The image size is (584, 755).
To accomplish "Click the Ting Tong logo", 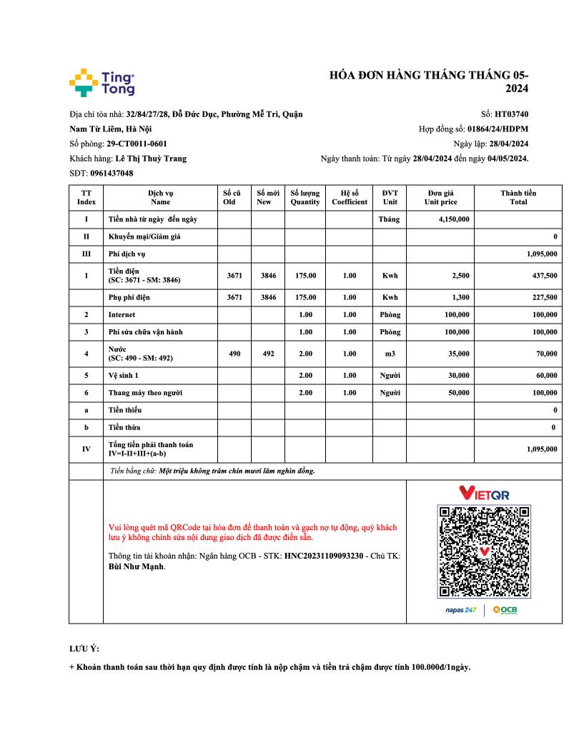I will [x=102, y=83].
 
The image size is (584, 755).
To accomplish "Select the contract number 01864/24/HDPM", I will [x=498, y=129].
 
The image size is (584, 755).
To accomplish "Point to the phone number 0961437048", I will [x=112, y=173].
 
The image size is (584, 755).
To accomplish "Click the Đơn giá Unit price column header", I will [x=440, y=197].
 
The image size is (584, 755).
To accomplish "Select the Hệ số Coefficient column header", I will [x=349, y=197].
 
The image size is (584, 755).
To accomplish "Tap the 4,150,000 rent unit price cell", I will [x=454, y=219].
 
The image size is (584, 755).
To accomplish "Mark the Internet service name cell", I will [x=122, y=314].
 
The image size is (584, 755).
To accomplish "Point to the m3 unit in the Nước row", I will [x=390, y=353].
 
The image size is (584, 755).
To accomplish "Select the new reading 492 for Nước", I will [x=268, y=353].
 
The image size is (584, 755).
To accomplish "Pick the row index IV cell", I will [x=86, y=449].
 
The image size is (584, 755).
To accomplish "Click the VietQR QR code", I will [x=484, y=551].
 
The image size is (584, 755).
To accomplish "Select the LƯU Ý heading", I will [x=84, y=649].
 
